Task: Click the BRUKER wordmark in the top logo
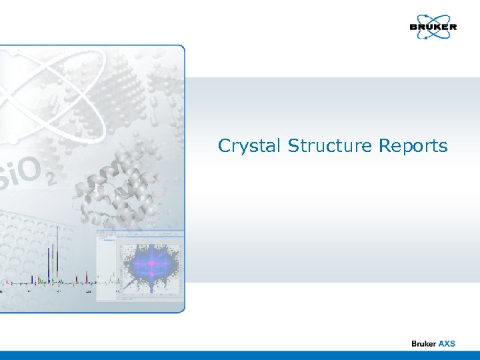(x=433, y=27)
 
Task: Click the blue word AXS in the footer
(x=447, y=343)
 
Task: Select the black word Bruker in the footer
(x=423, y=343)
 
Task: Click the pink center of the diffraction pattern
(x=152, y=264)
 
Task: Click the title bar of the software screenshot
(x=140, y=233)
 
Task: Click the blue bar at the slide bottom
(x=240, y=355)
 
